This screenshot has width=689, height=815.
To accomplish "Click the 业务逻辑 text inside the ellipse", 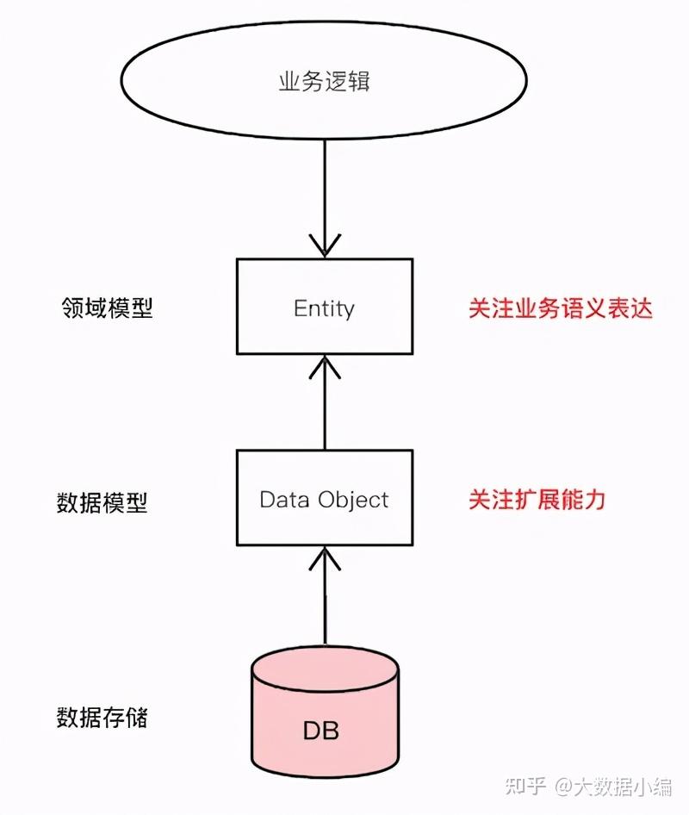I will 324,83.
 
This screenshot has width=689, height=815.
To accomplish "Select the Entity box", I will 324,307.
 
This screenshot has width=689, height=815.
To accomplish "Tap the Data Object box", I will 324,500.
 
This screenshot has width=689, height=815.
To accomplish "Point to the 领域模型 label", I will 107,308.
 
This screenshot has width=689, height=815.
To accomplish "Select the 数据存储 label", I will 102,716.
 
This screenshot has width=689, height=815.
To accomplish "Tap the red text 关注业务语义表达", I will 560,308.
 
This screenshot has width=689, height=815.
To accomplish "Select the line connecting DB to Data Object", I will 324,607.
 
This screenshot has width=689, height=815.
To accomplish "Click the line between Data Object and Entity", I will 324,409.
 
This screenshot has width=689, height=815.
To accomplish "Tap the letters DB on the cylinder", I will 320,731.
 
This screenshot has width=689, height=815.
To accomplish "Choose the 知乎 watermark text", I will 526,786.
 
